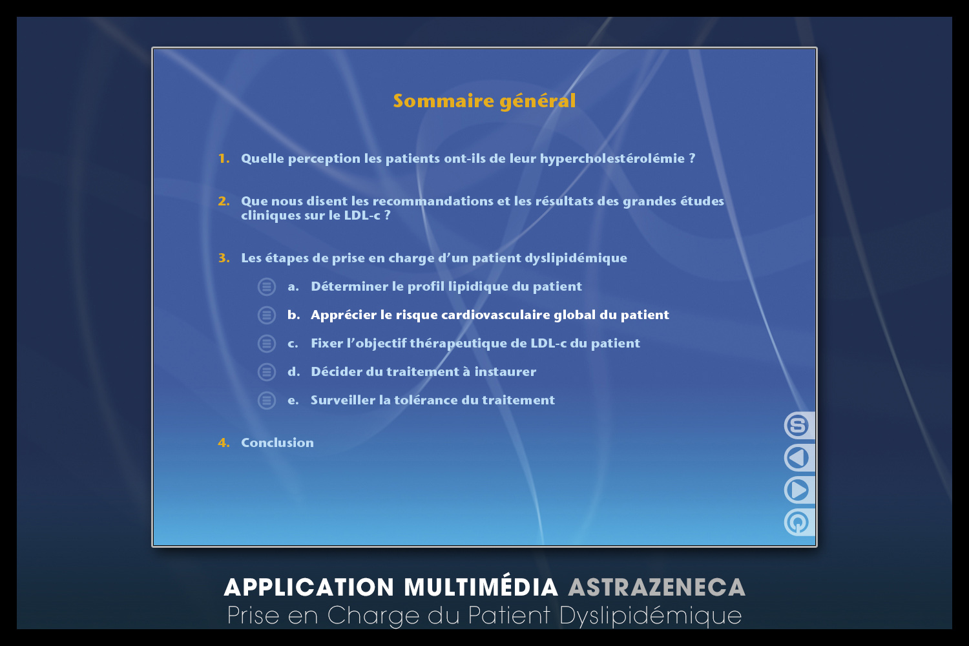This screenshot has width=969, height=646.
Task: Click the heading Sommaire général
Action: click(x=484, y=101)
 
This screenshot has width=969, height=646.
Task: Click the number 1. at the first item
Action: click(x=224, y=158)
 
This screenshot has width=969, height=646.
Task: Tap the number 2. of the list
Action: click(x=224, y=201)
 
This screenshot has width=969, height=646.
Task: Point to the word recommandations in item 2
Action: click(x=441, y=201)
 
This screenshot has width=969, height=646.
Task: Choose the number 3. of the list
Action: click(x=224, y=258)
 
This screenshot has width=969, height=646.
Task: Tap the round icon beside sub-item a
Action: click(x=266, y=286)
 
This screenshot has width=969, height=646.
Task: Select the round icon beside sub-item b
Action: click(x=266, y=315)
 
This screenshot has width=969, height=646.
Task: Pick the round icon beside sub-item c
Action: click(x=266, y=344)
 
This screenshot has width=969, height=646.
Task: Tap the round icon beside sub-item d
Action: click(x=266, y=371)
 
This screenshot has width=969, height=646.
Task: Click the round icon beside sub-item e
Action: click(x=266, y=401)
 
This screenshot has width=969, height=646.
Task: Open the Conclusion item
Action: click(x=277, y=443)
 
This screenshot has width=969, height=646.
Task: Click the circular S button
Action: click(x=797, y=425)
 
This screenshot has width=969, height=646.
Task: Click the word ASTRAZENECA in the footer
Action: click(x=657, y=588)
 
